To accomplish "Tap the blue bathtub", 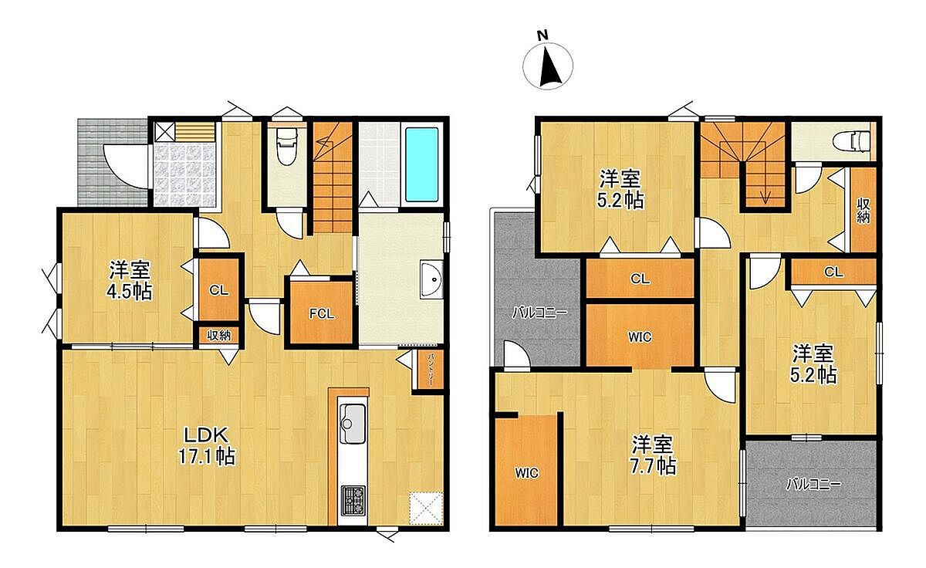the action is (421, 164).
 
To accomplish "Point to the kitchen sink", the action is (352, 424).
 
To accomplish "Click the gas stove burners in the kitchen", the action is (353, 500).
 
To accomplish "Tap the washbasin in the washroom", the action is (431, 279).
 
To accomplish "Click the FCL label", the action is (322, 314).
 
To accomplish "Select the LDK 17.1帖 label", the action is (207, 446).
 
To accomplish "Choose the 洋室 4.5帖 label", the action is (130, 280).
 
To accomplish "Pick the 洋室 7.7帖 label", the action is (653, 455).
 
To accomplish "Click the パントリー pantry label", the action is (431, 369).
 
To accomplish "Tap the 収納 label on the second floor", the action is (863, 211).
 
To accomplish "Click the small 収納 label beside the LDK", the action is (218, 335).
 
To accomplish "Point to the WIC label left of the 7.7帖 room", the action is (526, 472).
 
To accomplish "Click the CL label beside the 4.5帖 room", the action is (218, 290).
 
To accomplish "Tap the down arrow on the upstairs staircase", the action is (765, 194).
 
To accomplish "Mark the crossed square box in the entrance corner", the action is (164, 132).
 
